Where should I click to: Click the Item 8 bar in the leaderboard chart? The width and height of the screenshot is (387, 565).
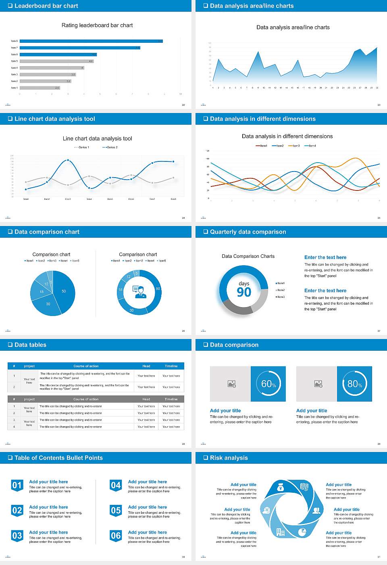pyautogui.click(x=91, y=41)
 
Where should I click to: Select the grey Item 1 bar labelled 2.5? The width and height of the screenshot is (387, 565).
pyautogui.click(x=40, y=88)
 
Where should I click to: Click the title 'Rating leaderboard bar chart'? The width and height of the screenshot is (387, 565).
pyautogui.click(x=97, y=25)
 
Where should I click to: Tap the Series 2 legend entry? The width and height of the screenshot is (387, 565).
pyautogui.click(x=110, y=147)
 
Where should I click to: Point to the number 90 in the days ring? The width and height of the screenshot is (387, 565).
pyautogui.click(x=244, y=292)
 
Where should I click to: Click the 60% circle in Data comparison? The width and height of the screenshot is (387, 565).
pyautogui.click(x=268, y=384)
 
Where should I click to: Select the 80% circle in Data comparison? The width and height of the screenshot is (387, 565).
pyautogui.click(x=354, y=384)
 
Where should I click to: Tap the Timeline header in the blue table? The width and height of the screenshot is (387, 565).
pyautogui.click(x=171, y=366)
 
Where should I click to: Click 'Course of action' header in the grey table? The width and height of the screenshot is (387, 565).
pyautogui.click(x=86, y=399)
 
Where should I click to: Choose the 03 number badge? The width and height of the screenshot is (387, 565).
pyautogui.click(x=17, y=536)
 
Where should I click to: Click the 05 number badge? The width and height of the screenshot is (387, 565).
pyautogui.click(x=116, y=511)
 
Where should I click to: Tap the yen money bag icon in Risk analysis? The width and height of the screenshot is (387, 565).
pyautogui.click(x=281, y=488)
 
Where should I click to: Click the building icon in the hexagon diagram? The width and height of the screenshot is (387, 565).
pyautogui.click(x=280, y=532)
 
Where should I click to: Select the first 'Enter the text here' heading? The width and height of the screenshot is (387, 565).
pyautogui.click(x=325, y=257)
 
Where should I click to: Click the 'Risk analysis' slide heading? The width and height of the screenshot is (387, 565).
pyautogui.click(x=229, y=458)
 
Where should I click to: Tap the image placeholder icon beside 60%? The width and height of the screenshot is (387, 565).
pyautogui.click(x=231, y=384)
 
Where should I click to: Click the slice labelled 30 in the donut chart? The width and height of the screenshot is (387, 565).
pyautogui.click(x=132, y=310)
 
